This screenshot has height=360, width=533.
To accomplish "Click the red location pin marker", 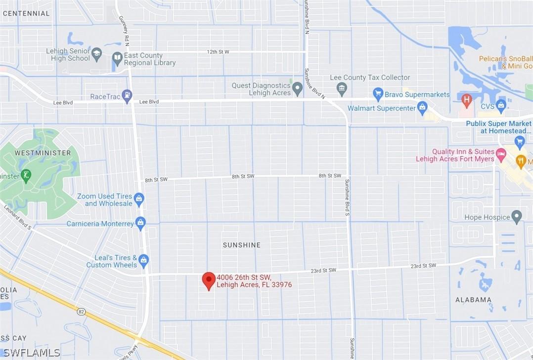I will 209,280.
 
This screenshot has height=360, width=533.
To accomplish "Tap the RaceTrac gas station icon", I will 127,96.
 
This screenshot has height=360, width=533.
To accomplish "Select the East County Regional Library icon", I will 117,59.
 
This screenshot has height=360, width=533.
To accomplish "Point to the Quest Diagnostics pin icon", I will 297,89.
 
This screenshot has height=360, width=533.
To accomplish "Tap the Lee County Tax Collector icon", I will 342,90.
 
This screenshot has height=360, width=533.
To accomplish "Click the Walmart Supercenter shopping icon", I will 422,108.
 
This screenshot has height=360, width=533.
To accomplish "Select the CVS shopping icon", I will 501,105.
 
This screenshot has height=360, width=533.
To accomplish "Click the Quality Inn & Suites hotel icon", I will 501,155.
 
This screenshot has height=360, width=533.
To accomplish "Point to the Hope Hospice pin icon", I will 517,217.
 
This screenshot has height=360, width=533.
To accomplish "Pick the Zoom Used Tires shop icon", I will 139,199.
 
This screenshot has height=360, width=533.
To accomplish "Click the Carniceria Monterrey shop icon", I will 140,224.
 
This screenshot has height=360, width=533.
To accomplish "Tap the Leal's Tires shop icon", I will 143,261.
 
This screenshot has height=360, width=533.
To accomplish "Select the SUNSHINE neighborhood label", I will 241,245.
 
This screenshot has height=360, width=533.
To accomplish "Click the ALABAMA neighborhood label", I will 473,300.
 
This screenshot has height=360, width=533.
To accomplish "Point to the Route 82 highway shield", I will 81,312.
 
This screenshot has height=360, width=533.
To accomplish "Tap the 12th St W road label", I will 218,52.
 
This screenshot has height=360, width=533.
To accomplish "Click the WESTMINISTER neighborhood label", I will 43,153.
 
